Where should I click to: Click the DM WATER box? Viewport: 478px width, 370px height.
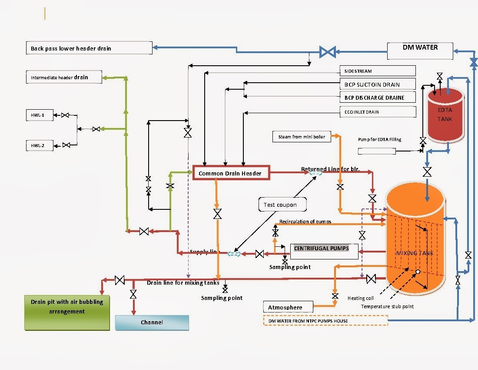tap(420, 50)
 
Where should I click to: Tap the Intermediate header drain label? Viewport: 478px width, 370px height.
tap(64, 77)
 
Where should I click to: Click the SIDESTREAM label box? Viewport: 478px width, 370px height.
tap(377, 71)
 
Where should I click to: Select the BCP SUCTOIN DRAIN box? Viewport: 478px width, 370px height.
tap(377, 84)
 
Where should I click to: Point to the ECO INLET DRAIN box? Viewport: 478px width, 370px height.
tap(377, 112)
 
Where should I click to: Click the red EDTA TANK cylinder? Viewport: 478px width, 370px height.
tap(445, 115)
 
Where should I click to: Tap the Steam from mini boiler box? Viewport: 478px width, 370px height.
tap(302, 137)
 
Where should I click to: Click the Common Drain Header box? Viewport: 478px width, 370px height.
tap(231, 173)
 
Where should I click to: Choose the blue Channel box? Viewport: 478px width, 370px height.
tap(152, 323)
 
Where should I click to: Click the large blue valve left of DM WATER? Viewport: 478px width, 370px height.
tap(327, 52)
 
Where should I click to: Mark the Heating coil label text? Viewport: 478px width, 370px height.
tap(360, 298)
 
